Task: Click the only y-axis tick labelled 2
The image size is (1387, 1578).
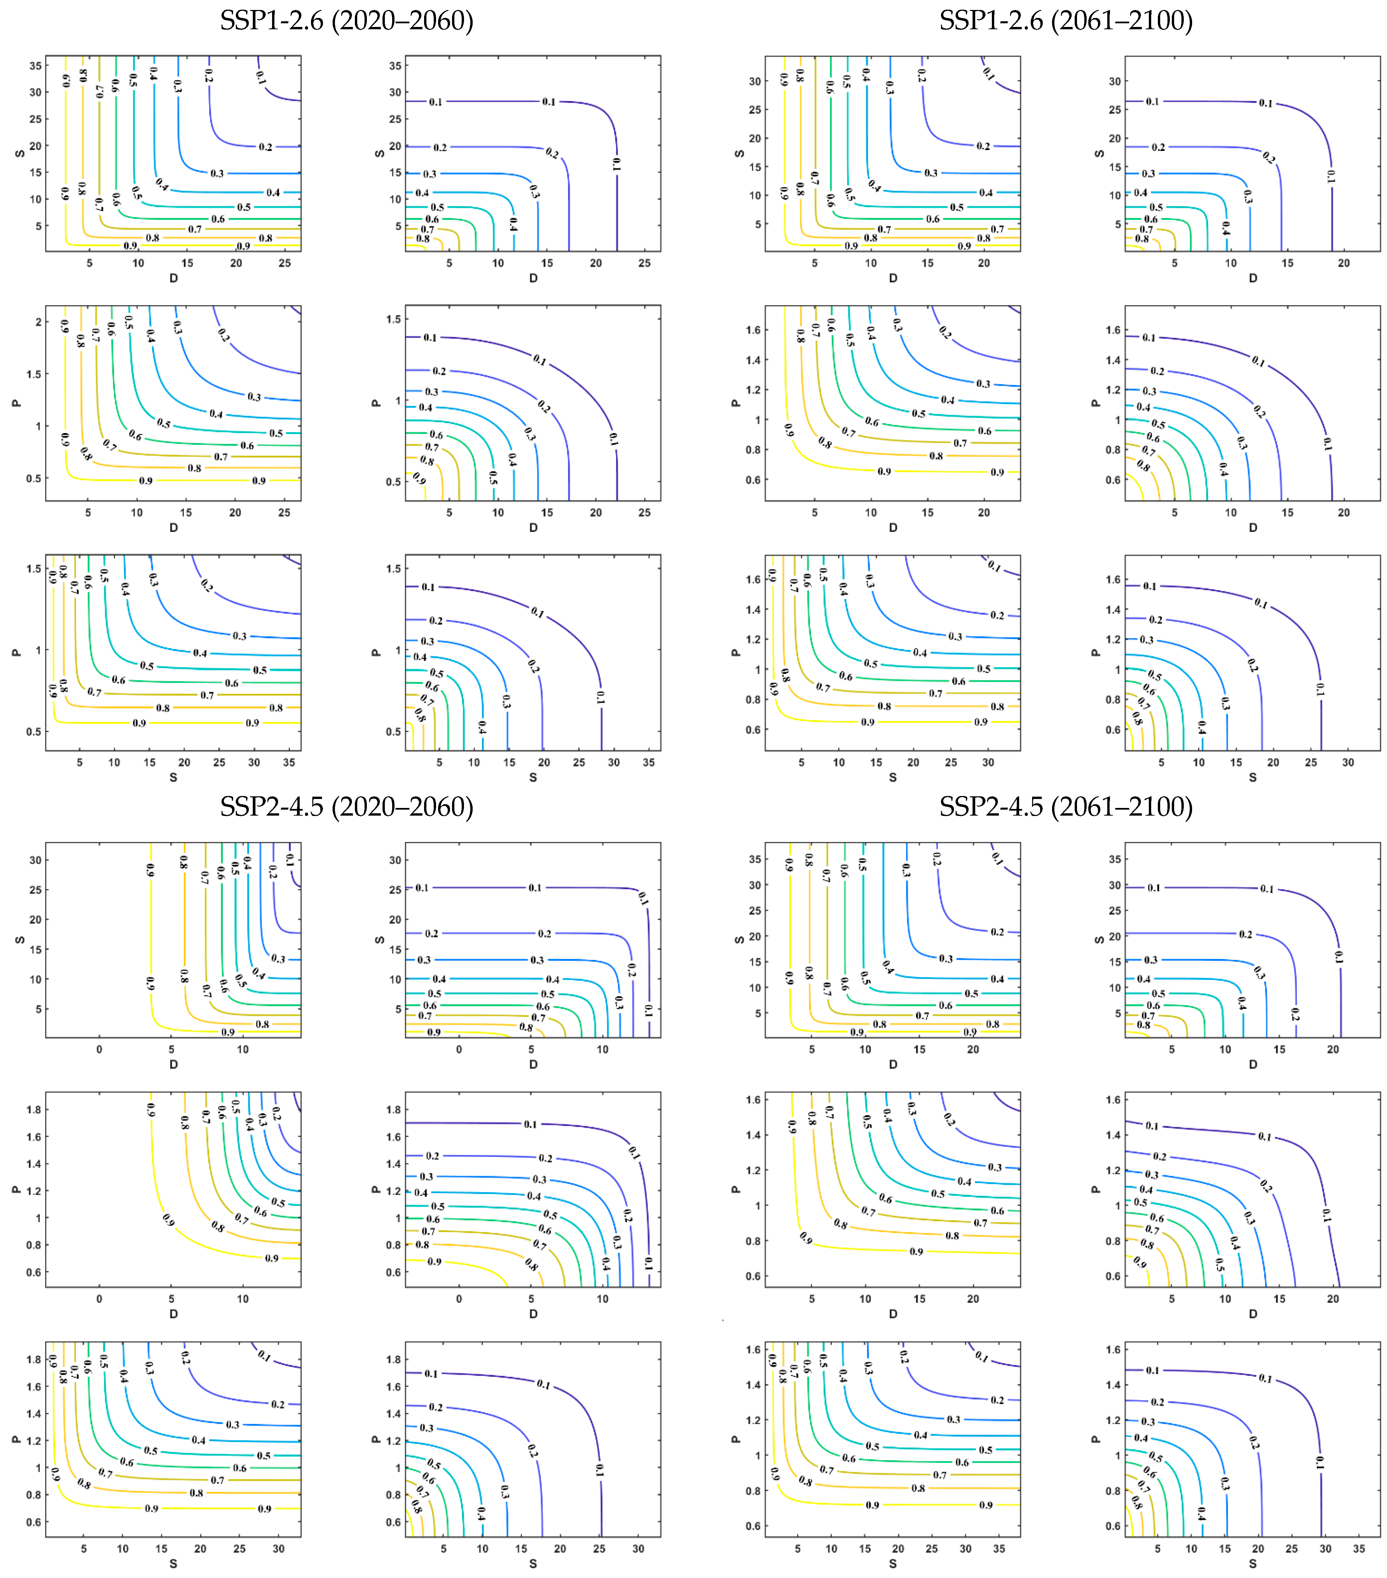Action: click(x=38, y=322)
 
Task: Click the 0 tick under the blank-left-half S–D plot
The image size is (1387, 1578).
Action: click(x=99, y=1049)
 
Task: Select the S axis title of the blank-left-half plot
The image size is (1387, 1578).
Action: click(x=19, y=940)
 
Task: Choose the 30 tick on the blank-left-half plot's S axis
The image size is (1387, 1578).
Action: click(x=35, y=860)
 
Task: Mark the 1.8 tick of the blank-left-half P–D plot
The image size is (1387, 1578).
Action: click(x=33, y=1109)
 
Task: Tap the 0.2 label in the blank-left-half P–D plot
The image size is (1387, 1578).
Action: click(x=275, y=1114)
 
